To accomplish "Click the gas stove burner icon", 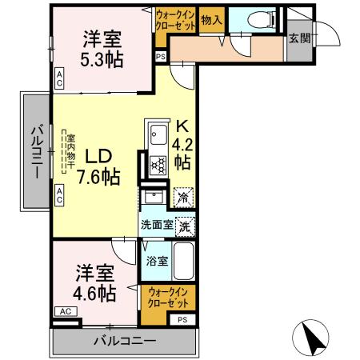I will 157,165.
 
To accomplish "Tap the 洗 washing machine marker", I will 185,226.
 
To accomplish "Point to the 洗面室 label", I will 157,225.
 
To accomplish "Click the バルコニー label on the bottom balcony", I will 123,342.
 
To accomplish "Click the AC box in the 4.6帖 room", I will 65,312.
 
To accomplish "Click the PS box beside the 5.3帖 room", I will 160,57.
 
